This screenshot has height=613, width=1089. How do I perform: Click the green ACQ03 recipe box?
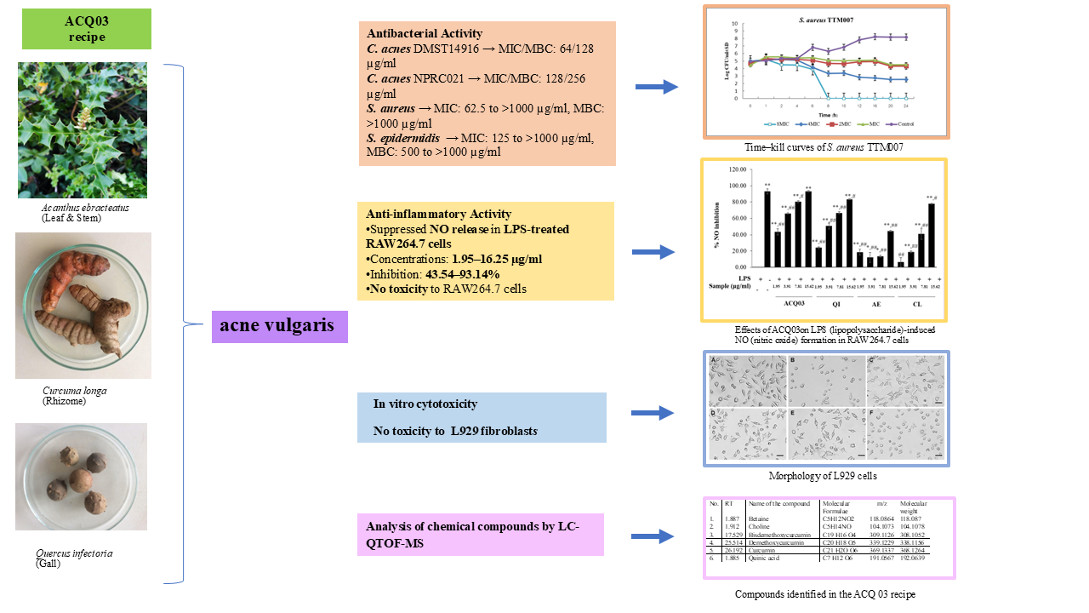86,29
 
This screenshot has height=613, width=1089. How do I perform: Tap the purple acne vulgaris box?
279,324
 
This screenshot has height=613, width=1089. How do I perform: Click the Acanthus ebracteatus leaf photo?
83,129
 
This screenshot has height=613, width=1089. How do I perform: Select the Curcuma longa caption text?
75,392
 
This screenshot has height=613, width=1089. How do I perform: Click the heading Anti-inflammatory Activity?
439,215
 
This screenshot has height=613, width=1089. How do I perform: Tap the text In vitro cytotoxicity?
425,404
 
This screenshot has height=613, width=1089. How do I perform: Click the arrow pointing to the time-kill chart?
657,86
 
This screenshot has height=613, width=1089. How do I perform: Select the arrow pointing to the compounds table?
657,537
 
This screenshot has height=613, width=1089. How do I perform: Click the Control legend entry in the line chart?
903,123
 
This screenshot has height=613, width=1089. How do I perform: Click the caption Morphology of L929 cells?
822,476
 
